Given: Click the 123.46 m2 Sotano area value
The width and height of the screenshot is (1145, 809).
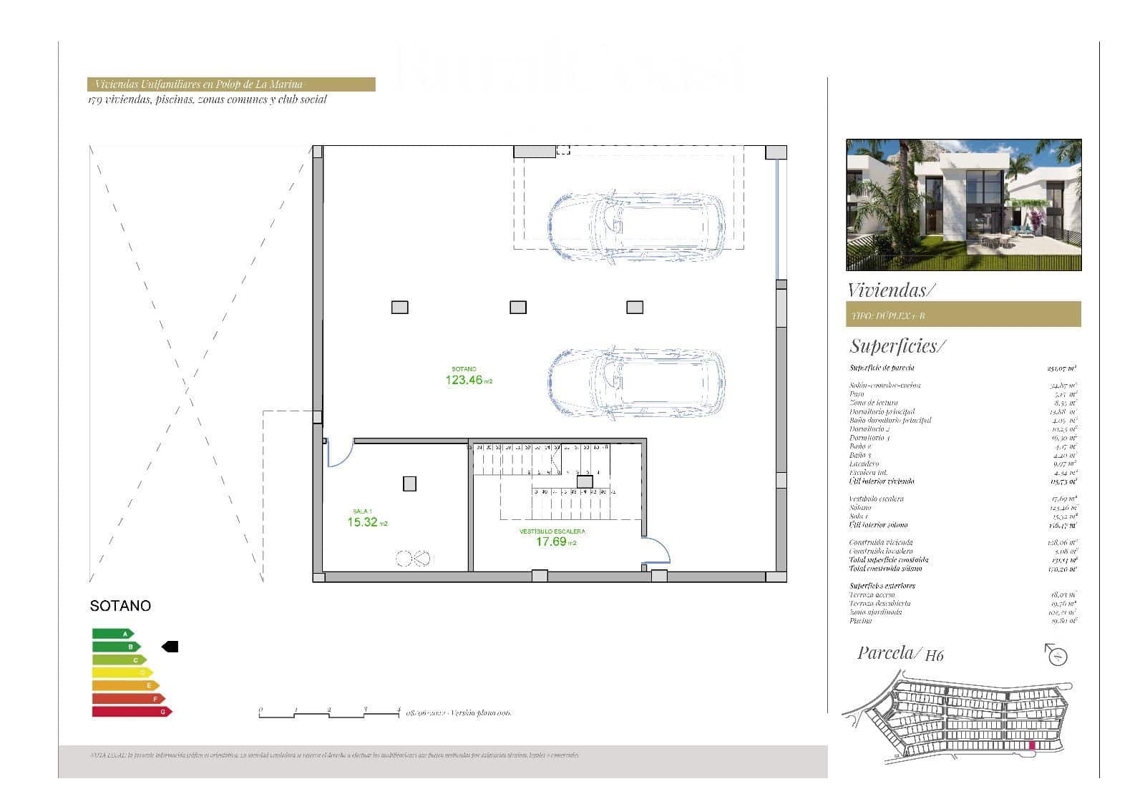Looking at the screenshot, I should coord(465,381).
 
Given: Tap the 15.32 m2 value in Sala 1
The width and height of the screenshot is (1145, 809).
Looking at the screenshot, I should coord(363,522).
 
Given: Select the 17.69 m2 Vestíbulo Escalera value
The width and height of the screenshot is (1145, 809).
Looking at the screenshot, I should coord(552,541).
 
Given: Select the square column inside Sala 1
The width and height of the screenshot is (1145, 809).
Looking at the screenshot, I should coord(409,484).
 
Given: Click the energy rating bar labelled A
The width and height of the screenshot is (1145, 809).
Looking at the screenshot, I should coord(112,634).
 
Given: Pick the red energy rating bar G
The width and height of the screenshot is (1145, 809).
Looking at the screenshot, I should coord(132,712).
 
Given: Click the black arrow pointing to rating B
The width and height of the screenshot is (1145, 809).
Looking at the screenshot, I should coord(170,647).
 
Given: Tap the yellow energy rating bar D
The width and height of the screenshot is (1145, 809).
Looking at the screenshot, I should coord(122,672).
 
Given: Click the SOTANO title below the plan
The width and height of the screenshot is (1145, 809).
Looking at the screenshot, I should coord(120,606).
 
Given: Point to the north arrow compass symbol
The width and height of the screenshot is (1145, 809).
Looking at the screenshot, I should coord(1056,654).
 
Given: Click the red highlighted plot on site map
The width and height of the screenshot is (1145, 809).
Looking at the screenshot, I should coord(1032,746).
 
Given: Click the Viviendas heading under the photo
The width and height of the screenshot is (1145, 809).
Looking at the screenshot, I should coord(890,290).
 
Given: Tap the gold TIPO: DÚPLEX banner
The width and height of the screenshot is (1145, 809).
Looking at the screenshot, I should coord(963,315).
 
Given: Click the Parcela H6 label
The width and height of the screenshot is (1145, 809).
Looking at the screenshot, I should coord(900,653).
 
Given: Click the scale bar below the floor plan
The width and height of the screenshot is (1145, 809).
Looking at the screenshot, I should coord(329,713).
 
